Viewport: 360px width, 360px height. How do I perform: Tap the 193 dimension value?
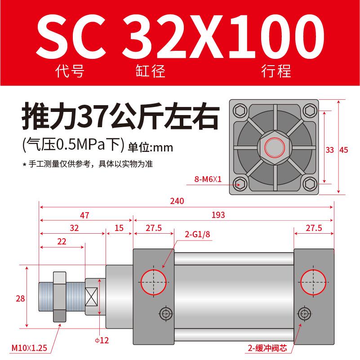(x=218, y=215)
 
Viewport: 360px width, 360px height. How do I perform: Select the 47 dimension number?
(x=84, y=215)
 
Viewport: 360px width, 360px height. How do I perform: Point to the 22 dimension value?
(x=62, y=241)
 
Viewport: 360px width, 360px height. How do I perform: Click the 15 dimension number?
(x=119, y=228)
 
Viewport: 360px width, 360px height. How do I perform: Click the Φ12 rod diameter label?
(x=102, y=340)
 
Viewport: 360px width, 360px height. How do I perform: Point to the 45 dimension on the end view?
(x=344, y=150)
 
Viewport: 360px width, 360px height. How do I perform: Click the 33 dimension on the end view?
(x=329, y=150)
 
